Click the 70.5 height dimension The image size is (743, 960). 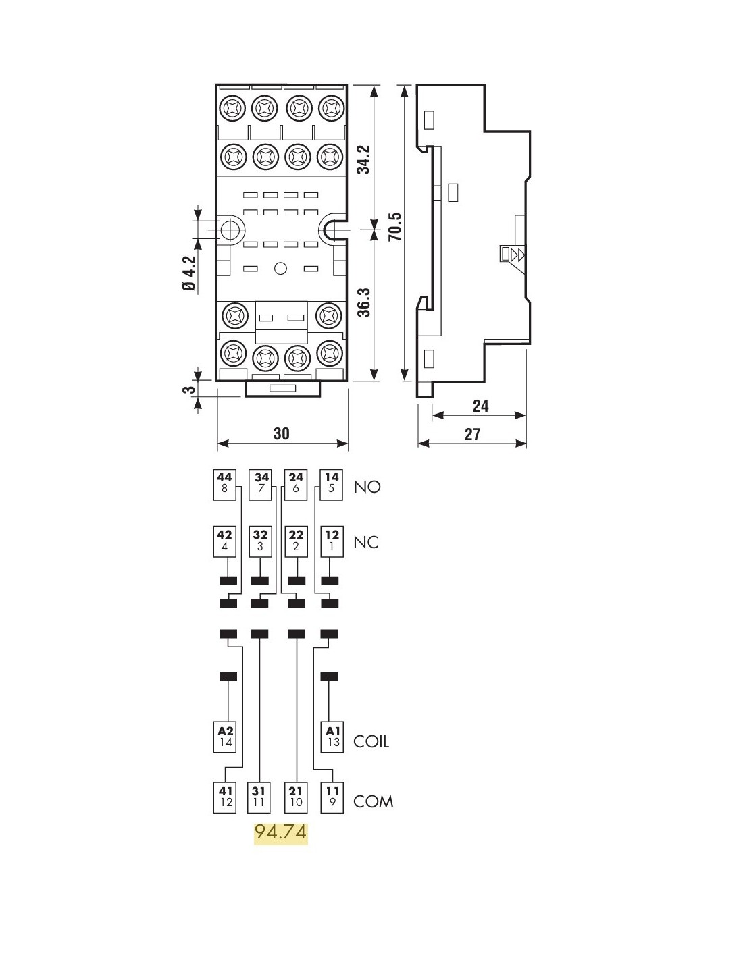395,227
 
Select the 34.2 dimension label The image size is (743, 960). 364,159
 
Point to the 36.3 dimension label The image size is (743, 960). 364,302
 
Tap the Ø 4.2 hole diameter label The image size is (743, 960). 188,273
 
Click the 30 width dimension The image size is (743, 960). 282,433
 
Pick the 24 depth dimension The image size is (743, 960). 480,406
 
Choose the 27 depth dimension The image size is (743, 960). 472,434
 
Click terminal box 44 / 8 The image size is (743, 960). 225,483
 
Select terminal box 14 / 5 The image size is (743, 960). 332,483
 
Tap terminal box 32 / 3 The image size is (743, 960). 261,540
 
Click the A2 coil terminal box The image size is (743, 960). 226,737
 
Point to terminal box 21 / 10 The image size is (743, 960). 296,797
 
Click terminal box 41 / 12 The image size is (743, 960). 226,797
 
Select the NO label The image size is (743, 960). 367,487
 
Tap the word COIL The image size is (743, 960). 371,741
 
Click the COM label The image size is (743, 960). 373,801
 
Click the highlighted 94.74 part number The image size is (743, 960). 280,832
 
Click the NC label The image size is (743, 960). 365,542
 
